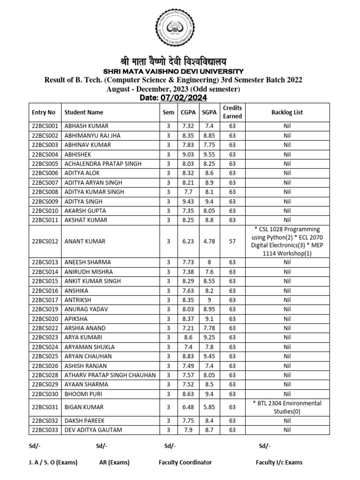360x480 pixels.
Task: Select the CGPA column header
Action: pyautogui.click(x=184, y=112)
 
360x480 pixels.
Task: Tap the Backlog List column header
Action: pyautogui.click(x=287, y=112)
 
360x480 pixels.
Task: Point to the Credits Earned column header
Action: pyautogui.click(x=232, y=112)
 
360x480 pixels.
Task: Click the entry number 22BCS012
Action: pyautogui.click(x=45, y=241)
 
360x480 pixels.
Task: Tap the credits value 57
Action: pyautogui.click(x=232, y=241)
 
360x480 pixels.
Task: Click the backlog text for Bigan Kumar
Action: pyautogui.click(x=287, y=407)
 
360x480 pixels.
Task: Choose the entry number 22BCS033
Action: pyautogui.click(x=45, y=430)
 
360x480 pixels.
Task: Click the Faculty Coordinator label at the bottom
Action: pyautogui.click(x=185, y=462)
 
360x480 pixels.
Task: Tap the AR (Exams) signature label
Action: pyautogui.click(x=114, y=462)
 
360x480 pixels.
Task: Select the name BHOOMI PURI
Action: pyautogui.click(x=83, y=394)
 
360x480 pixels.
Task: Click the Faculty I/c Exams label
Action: pyautogui.click(x=279, y=462)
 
